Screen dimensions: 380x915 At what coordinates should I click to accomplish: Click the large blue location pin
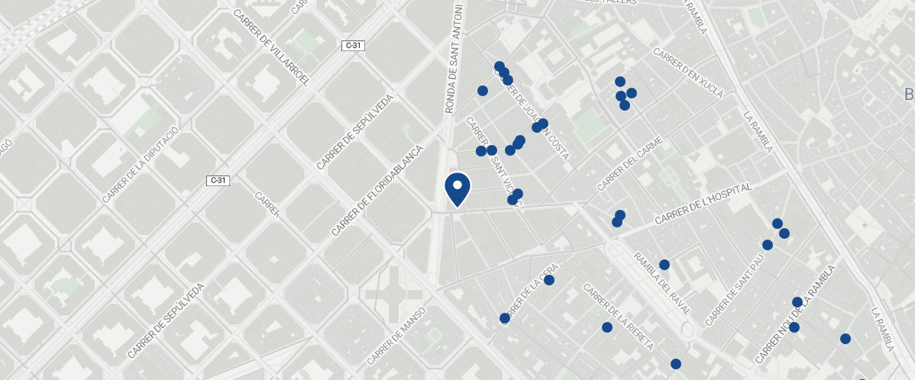pos(457,188)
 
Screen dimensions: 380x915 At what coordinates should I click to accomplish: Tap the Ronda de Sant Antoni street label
pos(455,60)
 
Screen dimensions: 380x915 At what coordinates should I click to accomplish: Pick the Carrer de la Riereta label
pos(618,317)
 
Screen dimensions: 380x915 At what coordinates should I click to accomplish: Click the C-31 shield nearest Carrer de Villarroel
pos(354,46)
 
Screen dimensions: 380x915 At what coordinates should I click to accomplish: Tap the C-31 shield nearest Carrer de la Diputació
pos(218,180)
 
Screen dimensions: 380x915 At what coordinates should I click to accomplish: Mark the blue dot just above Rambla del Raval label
pos(664,265)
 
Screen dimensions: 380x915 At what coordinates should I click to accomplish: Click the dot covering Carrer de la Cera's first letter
pos(504,318)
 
